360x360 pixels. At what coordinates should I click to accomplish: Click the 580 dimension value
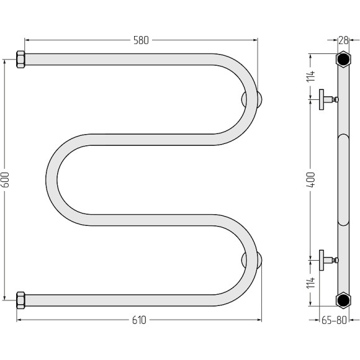(141, 40)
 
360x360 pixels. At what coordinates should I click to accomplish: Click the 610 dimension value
(139, 320)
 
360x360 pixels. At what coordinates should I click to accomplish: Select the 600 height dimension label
(6, 179)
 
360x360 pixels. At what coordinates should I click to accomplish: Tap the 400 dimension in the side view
(311, 179)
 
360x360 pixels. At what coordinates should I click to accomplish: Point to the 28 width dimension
(343, 40)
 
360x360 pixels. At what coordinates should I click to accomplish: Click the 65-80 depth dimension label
(334, 320)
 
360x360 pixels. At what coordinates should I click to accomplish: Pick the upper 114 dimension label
(311, 76)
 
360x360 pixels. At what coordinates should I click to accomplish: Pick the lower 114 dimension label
(311, 283)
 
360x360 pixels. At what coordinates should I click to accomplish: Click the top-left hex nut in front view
(20, 60)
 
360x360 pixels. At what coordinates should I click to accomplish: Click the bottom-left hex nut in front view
(20, 300)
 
